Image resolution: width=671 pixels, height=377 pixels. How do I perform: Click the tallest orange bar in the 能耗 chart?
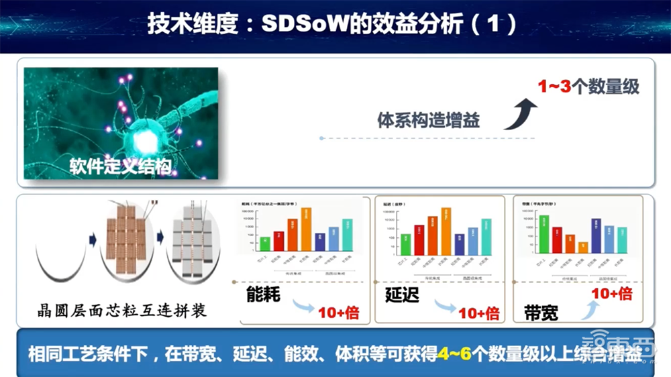coord(305,229)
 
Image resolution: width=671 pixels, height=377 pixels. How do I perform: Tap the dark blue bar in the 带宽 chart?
coord(595,235)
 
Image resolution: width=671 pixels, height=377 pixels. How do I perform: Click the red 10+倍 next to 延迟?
coord(478,313)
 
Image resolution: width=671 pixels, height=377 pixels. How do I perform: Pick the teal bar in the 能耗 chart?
coord(347,234)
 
